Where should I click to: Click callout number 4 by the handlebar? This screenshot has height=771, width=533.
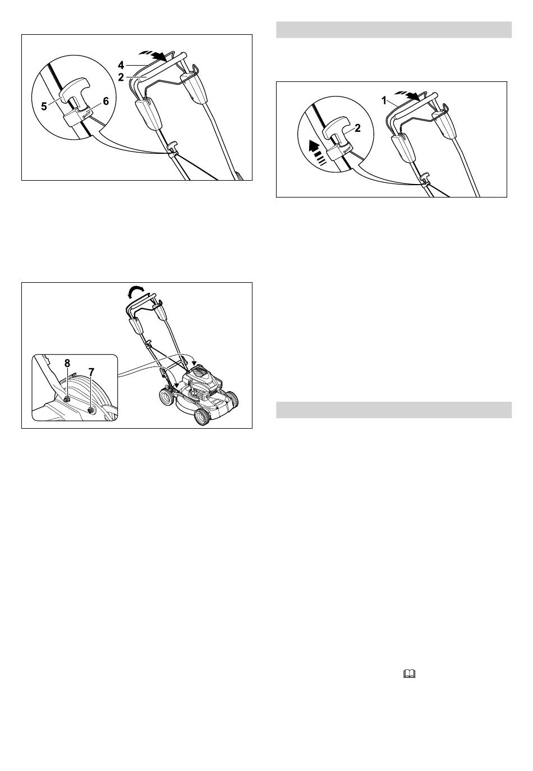pyautogui.click(x=121, y=65)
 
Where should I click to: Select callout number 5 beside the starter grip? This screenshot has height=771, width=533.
pyautogui.click(x=44, y=107)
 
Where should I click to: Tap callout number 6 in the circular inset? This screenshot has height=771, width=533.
pyautogui.click(x=105, y=101)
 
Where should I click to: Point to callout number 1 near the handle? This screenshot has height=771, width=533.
pyautogui.click(x=384, y=101)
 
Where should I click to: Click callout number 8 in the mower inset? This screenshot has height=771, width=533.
pyautogui.click(x=67, y=363)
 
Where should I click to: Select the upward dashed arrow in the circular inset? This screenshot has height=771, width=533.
pyautogui.click(x=318, y=153)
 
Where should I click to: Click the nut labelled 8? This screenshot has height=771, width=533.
pyautogui.click(x=67, y=400)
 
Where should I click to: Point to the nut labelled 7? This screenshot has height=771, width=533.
pyautogui.click(x=91, y=410)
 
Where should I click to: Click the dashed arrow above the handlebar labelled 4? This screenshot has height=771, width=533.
pyautogui.click(x=153, y=55)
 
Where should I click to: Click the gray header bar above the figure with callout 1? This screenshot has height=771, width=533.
pyautogui.click(x=394, y=30)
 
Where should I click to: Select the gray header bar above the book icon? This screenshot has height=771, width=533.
pyautogui.click(x=394, y=410)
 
